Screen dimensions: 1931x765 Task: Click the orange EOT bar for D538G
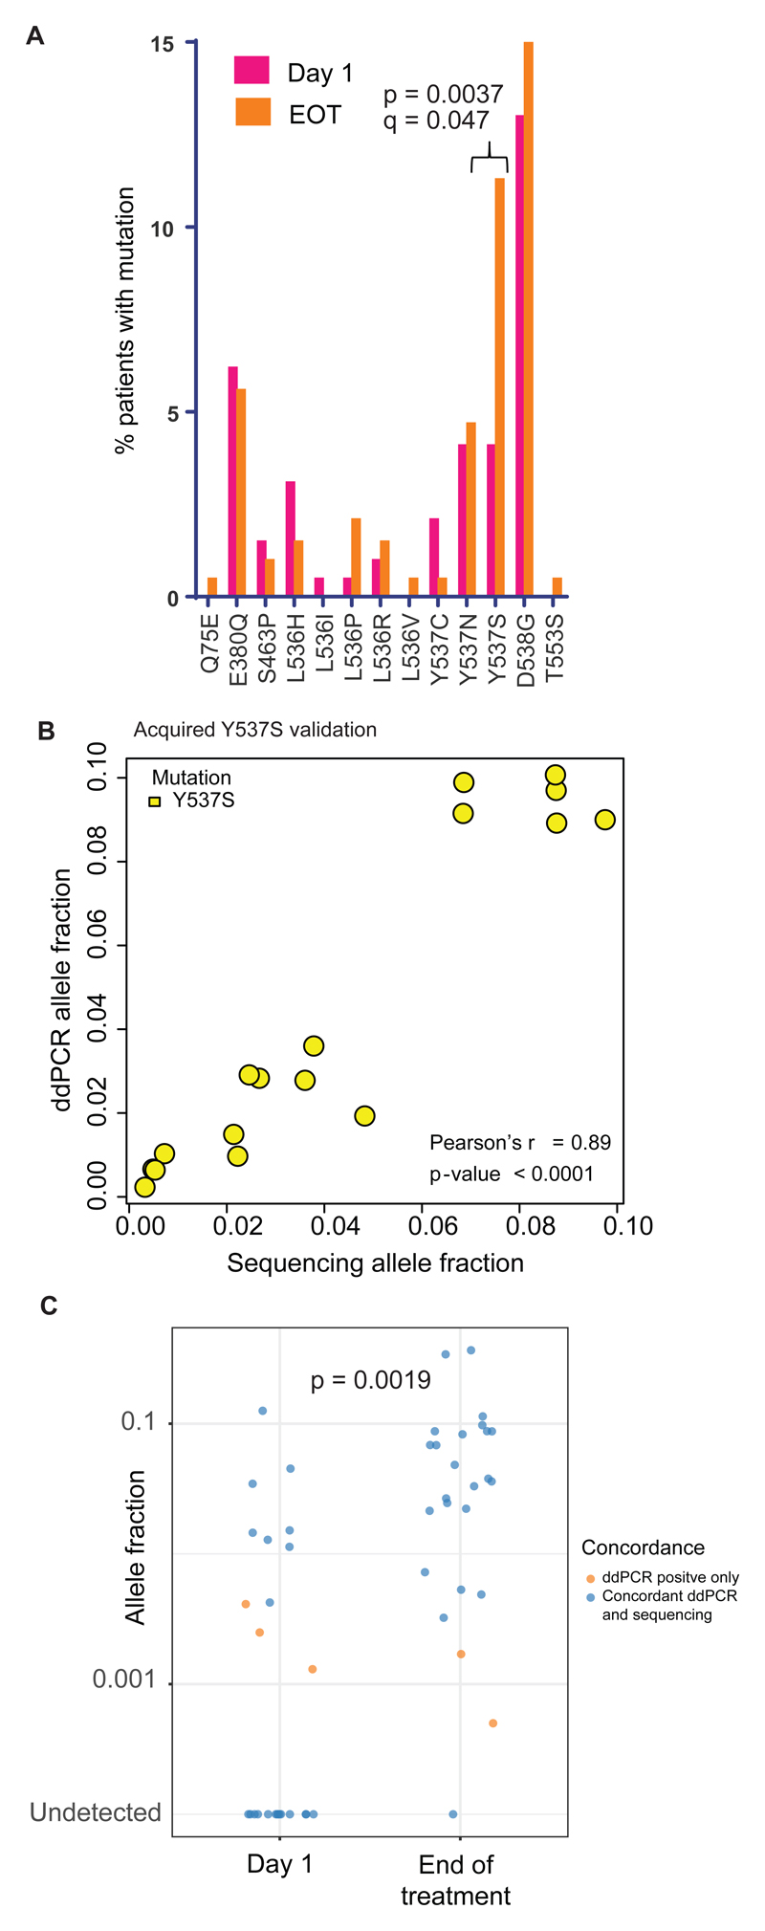tap(529, 319)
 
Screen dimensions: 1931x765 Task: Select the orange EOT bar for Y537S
tap(499, 387)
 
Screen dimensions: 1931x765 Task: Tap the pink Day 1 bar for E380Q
tap(232, 482)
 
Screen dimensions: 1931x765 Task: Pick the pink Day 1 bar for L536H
tap(290, 539)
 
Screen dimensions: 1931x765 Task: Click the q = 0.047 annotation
tap(436, 121)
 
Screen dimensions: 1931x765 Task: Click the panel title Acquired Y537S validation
tap(254, 730)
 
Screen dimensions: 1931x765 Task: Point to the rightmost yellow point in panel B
tap(604, 820)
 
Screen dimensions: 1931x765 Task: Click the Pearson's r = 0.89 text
tap(519, 1142)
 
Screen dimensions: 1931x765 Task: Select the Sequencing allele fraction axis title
tap(375, 1263)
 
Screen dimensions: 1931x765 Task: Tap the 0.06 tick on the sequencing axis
tap(424, 1225)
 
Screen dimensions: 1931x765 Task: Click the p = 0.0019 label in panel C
tap(370, 1380)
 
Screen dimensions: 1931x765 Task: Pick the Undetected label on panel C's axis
tap(96, 1812)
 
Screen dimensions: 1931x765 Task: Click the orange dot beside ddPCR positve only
tap(590, 1578)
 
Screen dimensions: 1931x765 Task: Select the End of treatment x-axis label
tap(456, 1879)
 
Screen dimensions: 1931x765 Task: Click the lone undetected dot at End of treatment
tap(453, 1813)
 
